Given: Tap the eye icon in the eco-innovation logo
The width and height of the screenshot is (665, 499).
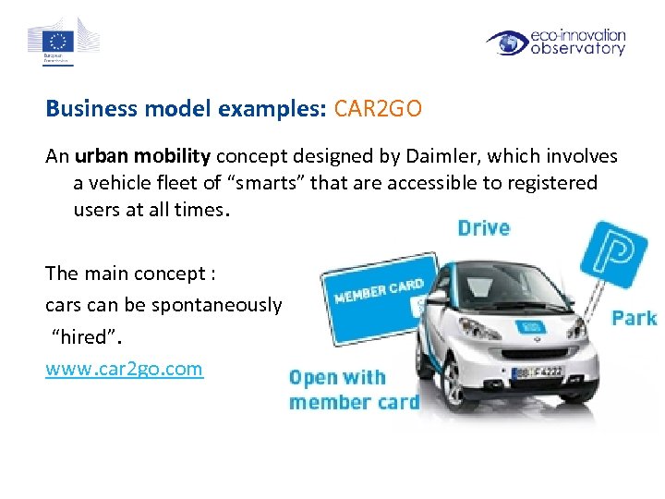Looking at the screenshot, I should tap(507, 43).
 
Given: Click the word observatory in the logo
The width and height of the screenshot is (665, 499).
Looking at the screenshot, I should tap(578, 49).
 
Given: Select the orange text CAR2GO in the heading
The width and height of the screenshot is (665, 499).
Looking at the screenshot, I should tap(378, 109).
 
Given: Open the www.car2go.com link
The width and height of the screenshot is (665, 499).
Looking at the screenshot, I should tap(124, 369).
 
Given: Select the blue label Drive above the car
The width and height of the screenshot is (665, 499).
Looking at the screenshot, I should tap(484, 228).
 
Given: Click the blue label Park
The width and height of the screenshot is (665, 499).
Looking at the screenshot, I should tap(634, 318).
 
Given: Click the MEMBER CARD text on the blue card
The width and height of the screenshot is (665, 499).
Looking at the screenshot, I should tap(378, 291).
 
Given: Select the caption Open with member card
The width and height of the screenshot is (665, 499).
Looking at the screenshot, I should tap(354, 389).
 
